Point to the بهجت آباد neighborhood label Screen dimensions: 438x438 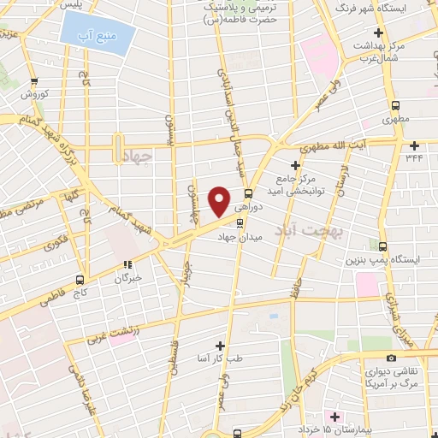(305, 229)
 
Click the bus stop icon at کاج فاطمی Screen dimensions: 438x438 (80, 279)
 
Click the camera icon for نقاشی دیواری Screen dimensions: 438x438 (391, 358)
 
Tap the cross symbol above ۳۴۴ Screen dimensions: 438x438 (414, 145)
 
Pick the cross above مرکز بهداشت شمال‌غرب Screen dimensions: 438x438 (378, 33)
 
